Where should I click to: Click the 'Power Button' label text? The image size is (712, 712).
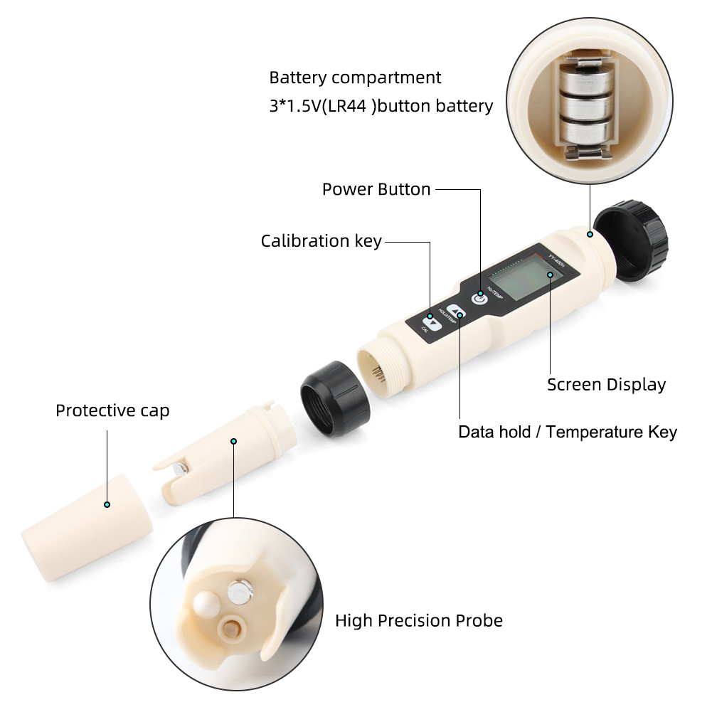coord(376,190)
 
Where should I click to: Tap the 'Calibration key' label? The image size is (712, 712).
coord(321,241)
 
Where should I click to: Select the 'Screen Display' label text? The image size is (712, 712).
coord(606,385)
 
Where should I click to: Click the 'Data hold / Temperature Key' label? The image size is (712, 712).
coord(567,432)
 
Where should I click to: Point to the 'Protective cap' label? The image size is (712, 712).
coord(112,410)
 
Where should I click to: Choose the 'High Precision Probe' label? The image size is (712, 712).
coord(418,620)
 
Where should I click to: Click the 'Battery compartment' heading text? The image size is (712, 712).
coord(355,78)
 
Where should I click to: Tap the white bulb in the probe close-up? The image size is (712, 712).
coord(206,604)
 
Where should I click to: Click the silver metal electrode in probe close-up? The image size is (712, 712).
coord(239,590)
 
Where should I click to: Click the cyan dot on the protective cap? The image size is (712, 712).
coord(107,504)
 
